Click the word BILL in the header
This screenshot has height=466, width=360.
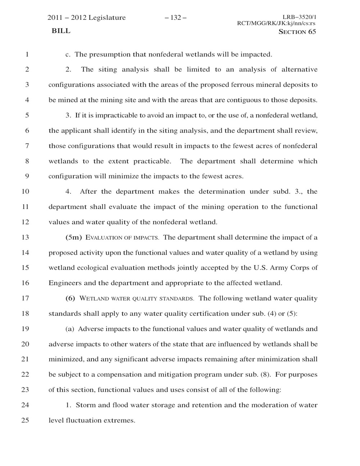pyautogui.click(x=61, y=31)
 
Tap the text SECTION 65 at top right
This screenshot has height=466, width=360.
pyautogui.click(x=297, y=32)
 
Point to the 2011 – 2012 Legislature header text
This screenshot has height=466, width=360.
pyautogui.click(x=87, y=18)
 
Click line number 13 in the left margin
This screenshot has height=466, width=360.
pyautogui.click(x=25, y=237)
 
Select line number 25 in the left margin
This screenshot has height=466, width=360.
pyautogui.click(x=25, y=420)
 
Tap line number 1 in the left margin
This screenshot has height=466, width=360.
pyautogui.click(x=27, y=55)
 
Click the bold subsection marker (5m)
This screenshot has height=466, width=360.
pyautogui.click(x=74, y=237)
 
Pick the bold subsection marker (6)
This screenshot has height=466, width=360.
pyautogui.click(x=70, y=298)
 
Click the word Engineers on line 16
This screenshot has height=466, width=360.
pyautogui.click(x=65, y=283)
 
